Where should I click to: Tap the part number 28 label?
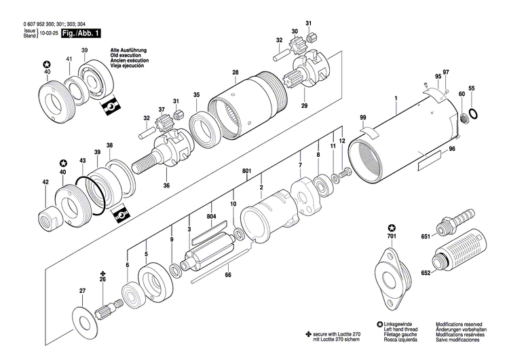235,73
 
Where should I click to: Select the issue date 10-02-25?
48,33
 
